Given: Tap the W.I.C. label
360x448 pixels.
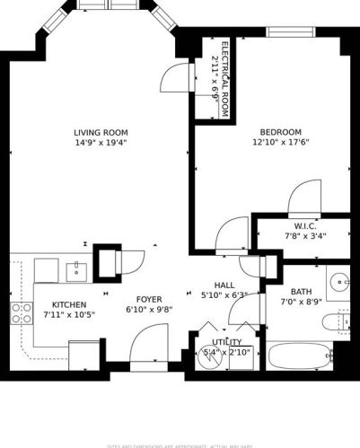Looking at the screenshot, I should click(303, 226).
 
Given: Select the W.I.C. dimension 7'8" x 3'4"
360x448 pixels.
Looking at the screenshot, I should click(303, 236).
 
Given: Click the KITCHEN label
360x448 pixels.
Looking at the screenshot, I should click(68, 304).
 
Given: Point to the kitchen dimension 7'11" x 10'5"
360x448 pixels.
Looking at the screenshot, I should click(68, 315).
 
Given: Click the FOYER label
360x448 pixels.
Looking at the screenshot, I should click(148, 299).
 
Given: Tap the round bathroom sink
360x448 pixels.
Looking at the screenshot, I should click(340, 282).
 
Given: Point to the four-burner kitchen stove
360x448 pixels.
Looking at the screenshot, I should click(21, 313).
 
